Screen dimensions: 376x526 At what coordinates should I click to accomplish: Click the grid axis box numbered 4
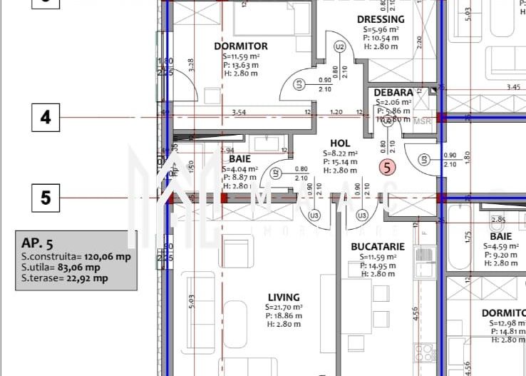(46, 118)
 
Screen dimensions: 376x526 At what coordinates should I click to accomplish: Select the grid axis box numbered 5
(46, 197)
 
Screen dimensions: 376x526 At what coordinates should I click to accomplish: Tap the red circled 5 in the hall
(387, 168)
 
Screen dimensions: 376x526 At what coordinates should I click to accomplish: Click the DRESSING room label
(380, 19)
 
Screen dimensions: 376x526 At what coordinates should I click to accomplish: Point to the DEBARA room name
(393, 93)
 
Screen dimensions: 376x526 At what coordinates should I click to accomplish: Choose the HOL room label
(341, 143)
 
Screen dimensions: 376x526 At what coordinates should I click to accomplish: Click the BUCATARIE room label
(378, 246)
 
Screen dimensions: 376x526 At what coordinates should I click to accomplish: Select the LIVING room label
(284, 297)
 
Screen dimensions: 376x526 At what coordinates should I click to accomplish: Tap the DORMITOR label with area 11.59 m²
(241, 46)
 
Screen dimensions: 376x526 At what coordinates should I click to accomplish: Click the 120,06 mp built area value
(108, 256)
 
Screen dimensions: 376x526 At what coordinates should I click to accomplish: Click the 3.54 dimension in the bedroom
(239, 112)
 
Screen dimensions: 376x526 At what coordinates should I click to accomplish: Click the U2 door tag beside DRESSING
(340, 46)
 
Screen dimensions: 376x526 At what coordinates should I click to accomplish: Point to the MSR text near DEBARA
(423, 121)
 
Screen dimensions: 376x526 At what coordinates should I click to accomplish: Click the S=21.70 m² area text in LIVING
(283, 308)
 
